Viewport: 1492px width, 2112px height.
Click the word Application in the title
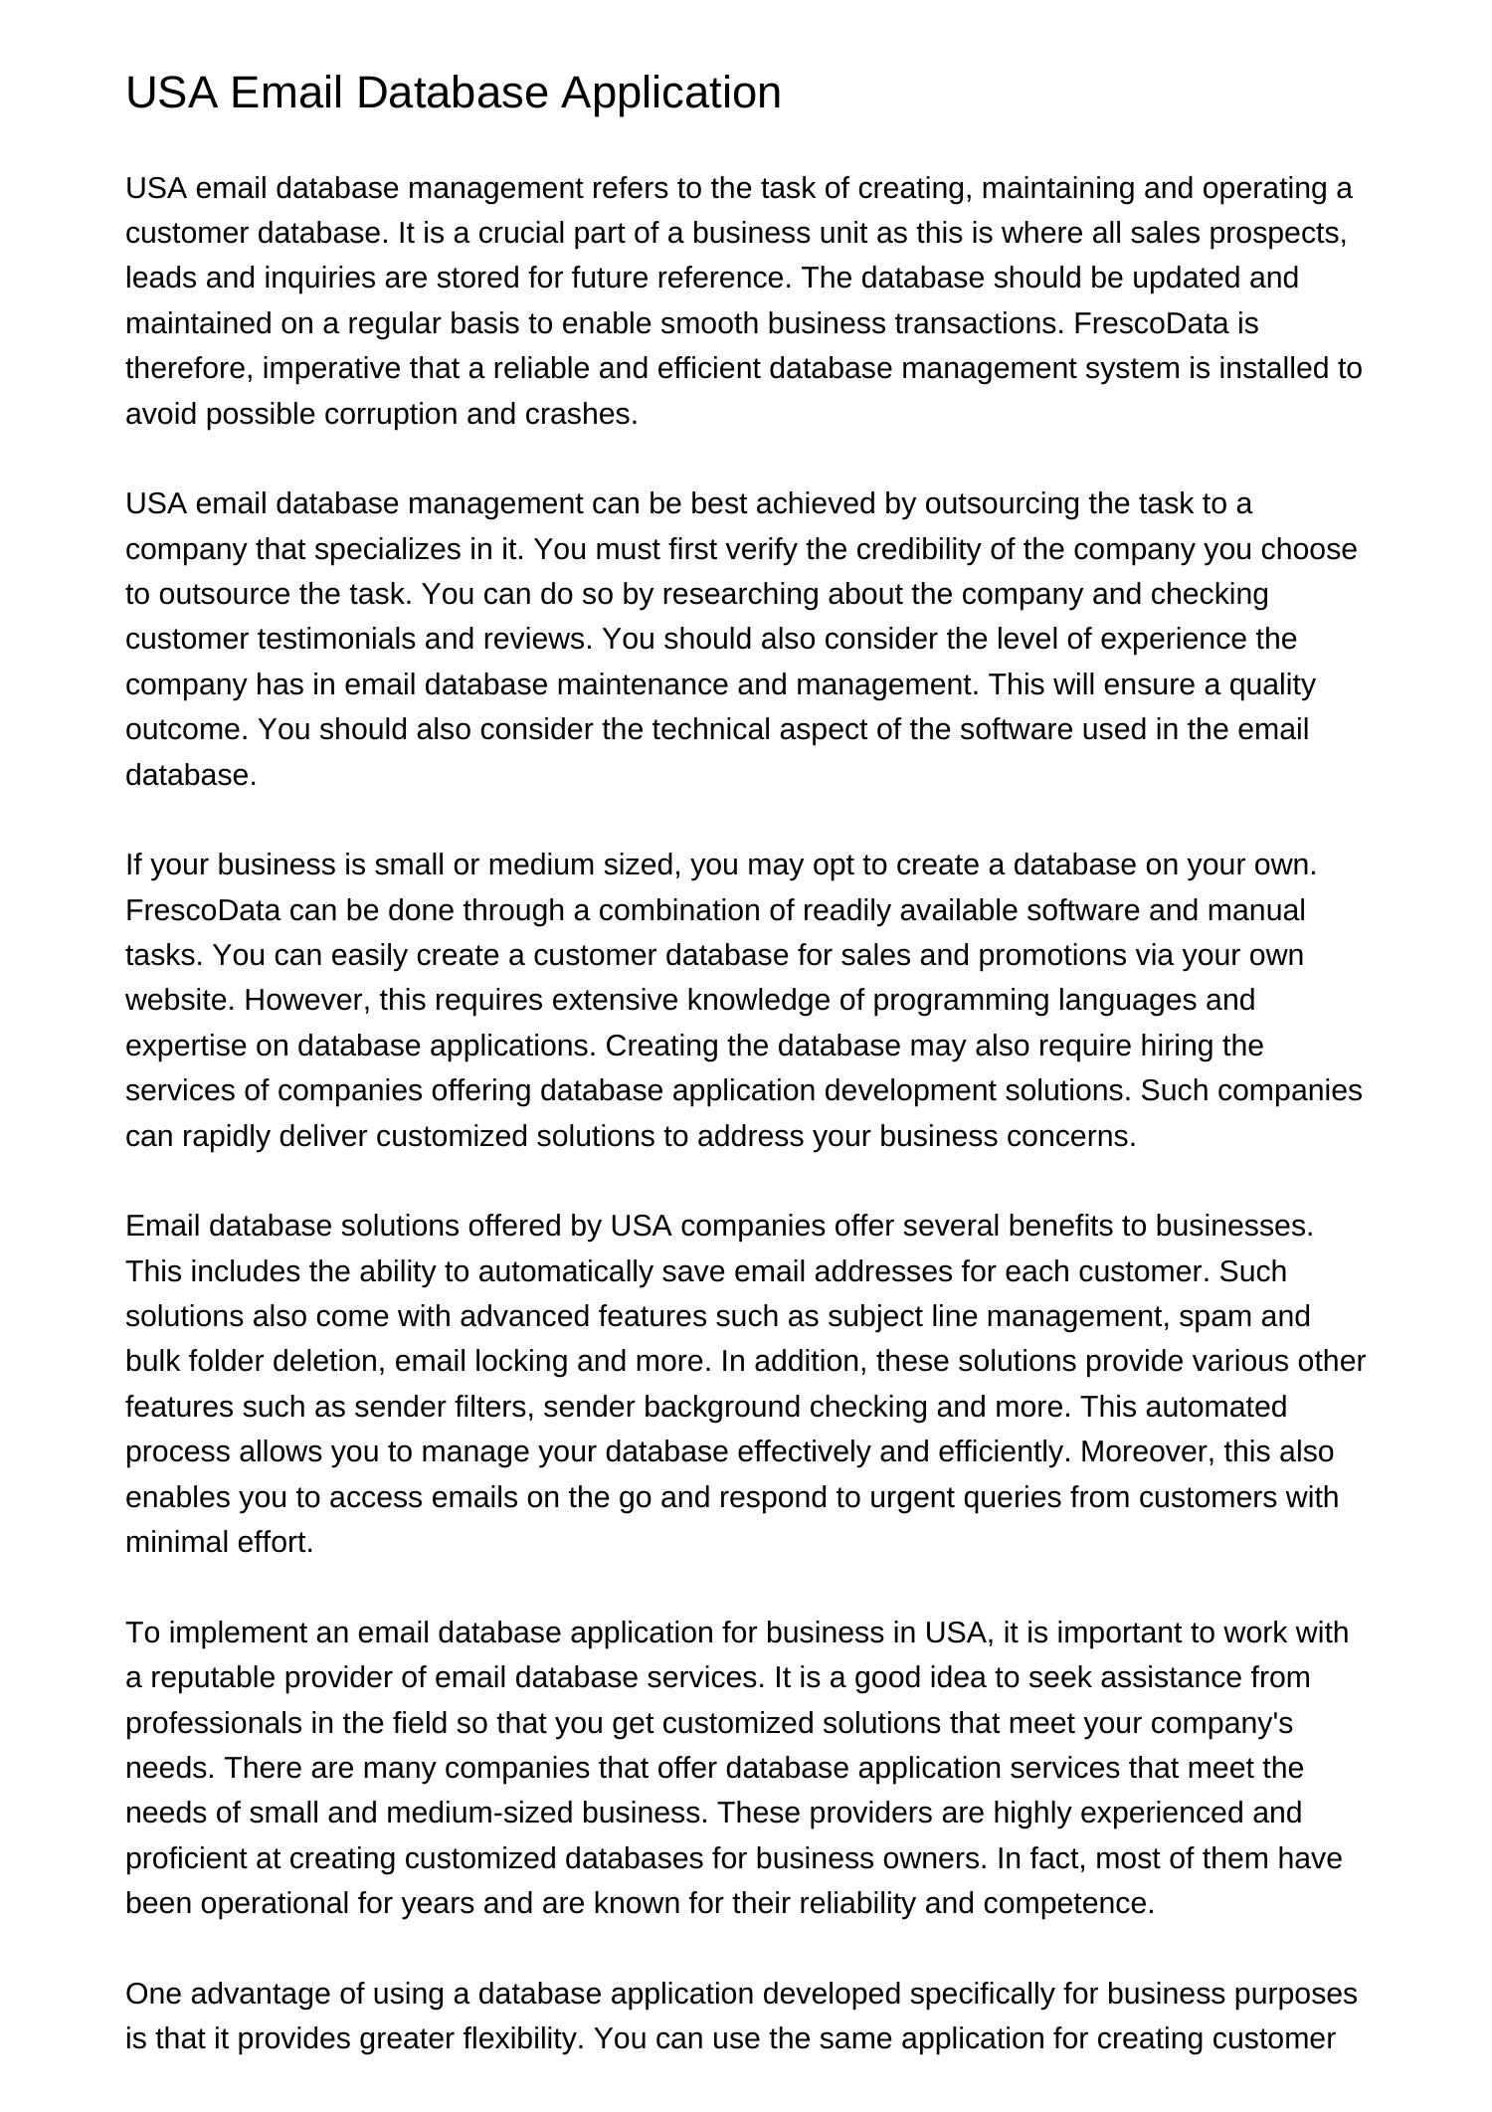[671, 94]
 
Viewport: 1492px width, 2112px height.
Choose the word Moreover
[1147, 1451]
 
